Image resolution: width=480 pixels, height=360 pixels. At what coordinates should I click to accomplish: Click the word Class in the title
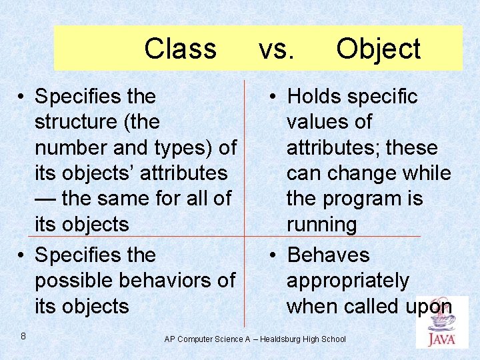tap(180, 49)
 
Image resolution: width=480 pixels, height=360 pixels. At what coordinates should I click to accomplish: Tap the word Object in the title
tap(378, 49)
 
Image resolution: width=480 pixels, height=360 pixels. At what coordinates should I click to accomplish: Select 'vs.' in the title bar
tap(275, 49)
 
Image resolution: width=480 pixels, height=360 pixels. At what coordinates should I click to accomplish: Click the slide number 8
tap(23, 336)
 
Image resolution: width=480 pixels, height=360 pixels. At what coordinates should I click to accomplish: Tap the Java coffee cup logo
tap(441, 323)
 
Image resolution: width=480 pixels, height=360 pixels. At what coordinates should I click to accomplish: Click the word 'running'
tap(321, 225)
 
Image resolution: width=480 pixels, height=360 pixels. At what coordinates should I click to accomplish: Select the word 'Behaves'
tap(328, 255)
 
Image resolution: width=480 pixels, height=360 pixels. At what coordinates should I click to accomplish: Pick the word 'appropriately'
tap(347, 281)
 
